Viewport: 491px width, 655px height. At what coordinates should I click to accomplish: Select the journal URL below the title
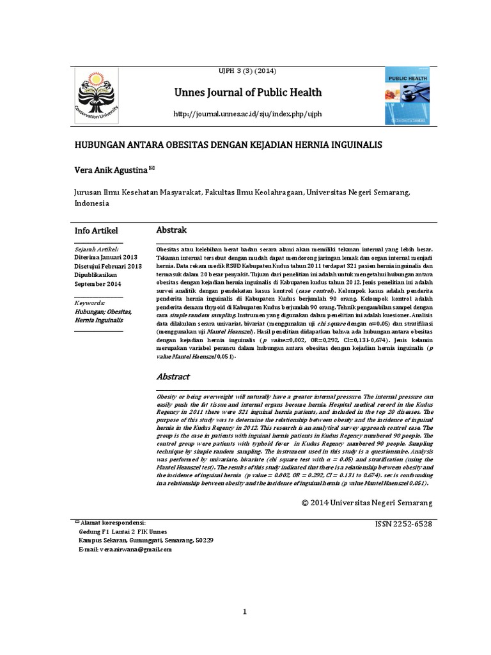249,114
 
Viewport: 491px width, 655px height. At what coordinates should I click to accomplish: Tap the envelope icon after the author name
152,169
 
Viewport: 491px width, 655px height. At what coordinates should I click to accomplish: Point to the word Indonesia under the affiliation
92,203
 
